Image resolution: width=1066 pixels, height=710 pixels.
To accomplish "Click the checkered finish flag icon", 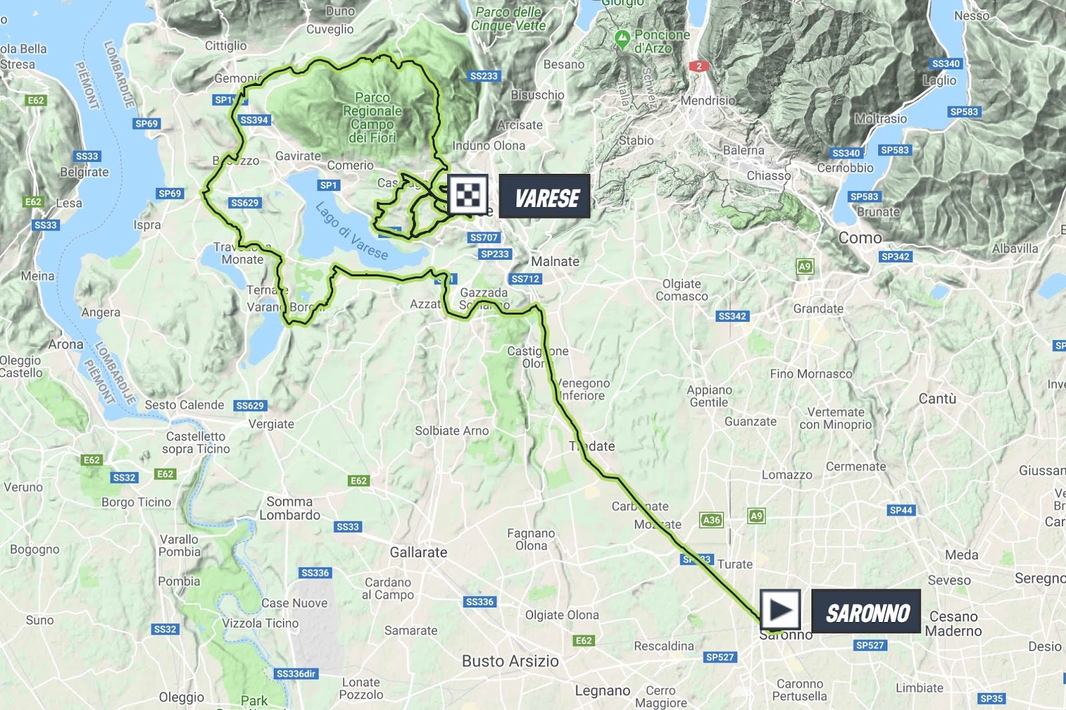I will (468, 195).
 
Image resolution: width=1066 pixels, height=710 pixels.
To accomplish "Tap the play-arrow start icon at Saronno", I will (780, 609).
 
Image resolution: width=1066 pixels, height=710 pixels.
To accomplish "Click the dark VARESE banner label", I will (545, 196).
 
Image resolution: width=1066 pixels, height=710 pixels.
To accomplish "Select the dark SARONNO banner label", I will (866, 613).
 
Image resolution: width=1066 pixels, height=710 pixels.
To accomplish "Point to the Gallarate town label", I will (418, 552).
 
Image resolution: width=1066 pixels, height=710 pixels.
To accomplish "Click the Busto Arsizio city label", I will (510, 661).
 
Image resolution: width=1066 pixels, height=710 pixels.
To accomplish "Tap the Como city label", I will (859, 238).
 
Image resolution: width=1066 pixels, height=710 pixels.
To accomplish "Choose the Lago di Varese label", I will (351, 230).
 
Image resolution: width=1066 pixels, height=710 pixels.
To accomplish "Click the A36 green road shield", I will (712, 520).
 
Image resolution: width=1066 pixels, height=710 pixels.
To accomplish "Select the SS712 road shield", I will (526, 279).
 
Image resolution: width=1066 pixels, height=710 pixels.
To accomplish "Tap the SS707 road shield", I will (484, 237).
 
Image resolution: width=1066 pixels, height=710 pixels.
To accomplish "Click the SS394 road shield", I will (255, 120).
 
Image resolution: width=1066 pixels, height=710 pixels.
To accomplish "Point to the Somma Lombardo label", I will (290, 508).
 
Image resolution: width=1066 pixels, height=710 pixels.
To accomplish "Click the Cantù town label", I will (937, 398).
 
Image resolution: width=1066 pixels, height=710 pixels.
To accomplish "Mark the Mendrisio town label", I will (708, 101).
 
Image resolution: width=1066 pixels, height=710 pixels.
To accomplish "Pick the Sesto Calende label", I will (185, 405).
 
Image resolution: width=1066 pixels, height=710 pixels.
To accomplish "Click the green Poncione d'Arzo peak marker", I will (622, 39).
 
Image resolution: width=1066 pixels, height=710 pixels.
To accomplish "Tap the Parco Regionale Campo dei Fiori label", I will (372, 118).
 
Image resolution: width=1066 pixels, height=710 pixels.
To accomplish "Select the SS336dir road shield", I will (296, 673).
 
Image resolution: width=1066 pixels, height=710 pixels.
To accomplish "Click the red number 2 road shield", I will (698, 66).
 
